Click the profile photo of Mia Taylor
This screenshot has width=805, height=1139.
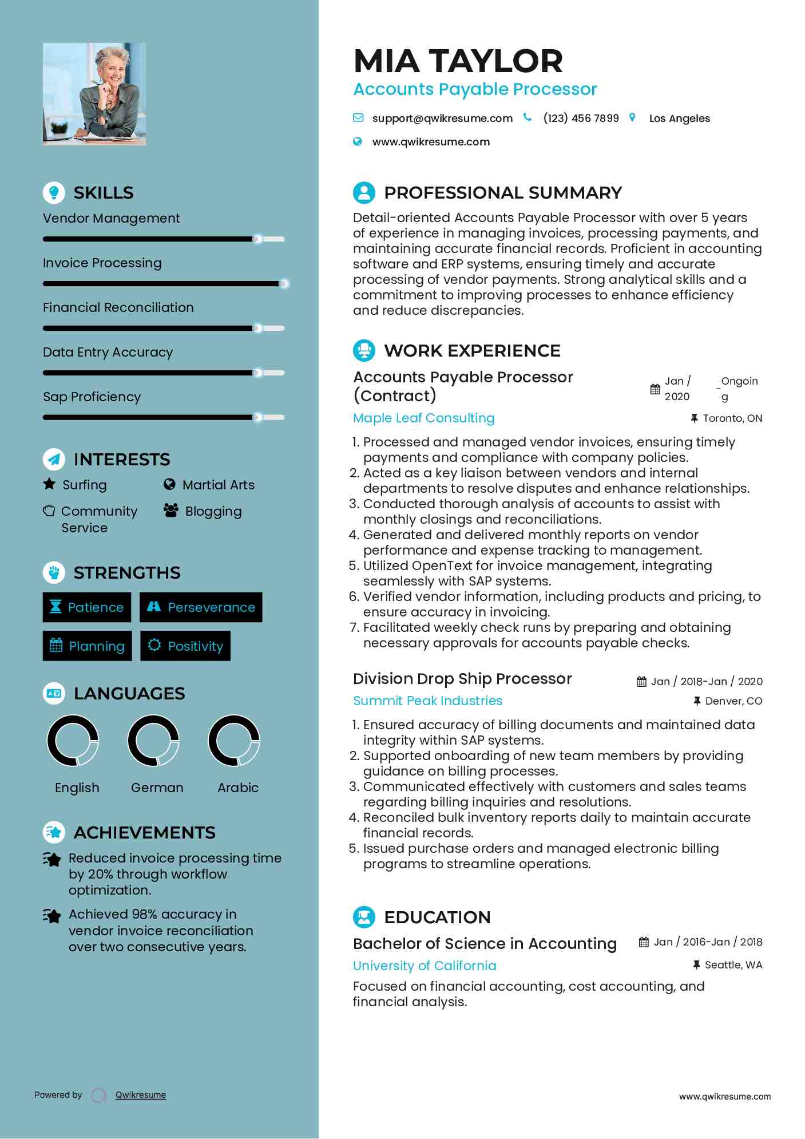pyautogui.click(x=94, y=94)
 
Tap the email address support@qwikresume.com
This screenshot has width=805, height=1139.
pyautogui.click(x=442, y=118)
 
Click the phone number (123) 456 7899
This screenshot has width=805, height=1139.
pyautogui.click(x=581, y=118)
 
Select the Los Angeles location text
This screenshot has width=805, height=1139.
pyautogui.click(x=679, y=118)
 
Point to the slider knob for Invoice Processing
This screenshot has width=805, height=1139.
pyautogui.click(x=284, y=283)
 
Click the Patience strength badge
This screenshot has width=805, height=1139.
pyautogui.click(x=87, y=607)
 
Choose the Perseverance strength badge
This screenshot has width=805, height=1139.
pyautogui.click(x=201, y=607)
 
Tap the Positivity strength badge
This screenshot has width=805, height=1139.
pyautogui.click(x=185, y=646)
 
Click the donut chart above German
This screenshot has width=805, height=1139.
pyautogui.click(x=153, y=741)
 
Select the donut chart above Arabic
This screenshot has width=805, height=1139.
pyautogui.click(x=234, y=741)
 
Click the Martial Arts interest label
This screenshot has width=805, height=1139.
pyautogui.click(x=218, y=485)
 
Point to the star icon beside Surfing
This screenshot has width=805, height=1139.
pyautogui.click(x=50, y=484)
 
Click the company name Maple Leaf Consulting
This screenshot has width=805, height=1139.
pyautogui.click(x=423, y=418)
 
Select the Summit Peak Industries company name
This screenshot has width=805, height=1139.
pyautogui.click(x=427, y=701)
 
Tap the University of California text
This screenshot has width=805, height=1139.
pyautogui.click(x=425, y=966)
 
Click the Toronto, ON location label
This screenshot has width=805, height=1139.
pyautogui.click(x=732, y=418)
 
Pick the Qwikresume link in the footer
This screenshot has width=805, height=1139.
pyautogui.click(x=141, y=1095)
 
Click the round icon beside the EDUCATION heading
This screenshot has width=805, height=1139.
pyautogui.click(x=364, y=917)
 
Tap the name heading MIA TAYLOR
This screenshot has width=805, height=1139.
pyautogui.click(x=458, y=61)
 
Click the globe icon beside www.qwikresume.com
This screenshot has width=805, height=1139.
pyautogui.click(x=358, y=141)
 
